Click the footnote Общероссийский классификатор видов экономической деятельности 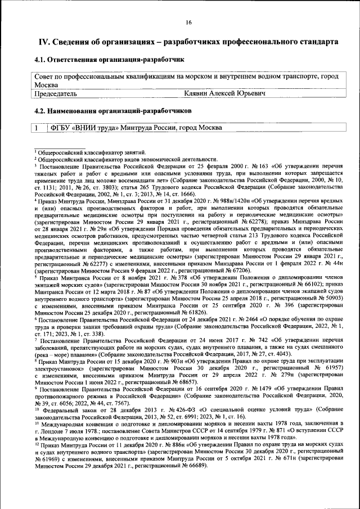click(x=124, y=159)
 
